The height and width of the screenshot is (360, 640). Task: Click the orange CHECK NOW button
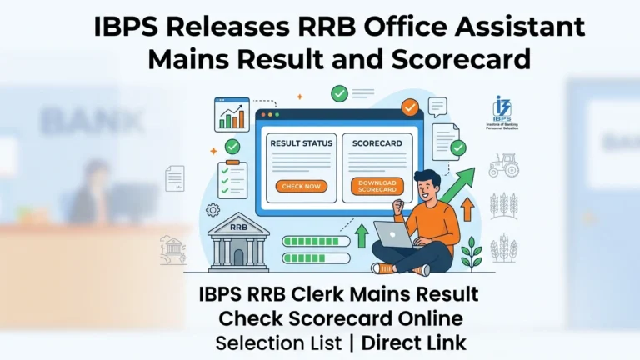point(301,186)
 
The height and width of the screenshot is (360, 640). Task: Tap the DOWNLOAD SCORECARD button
point(377,186)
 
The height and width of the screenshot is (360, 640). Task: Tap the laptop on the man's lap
point(398,235)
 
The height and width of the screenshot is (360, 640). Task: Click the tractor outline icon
point(504,164)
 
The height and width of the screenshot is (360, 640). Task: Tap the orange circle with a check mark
point(409,107)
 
